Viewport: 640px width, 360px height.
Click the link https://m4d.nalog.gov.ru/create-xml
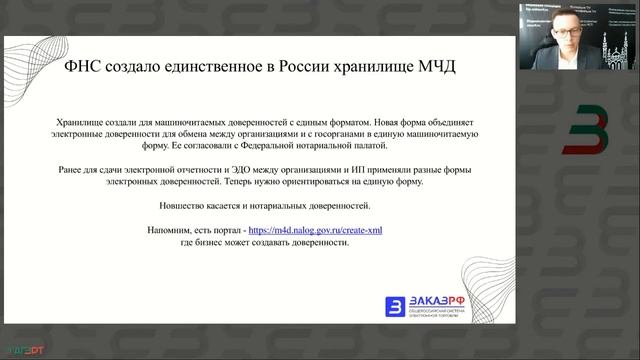coord(316,230)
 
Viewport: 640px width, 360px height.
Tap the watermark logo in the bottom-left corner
coord(21,350)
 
